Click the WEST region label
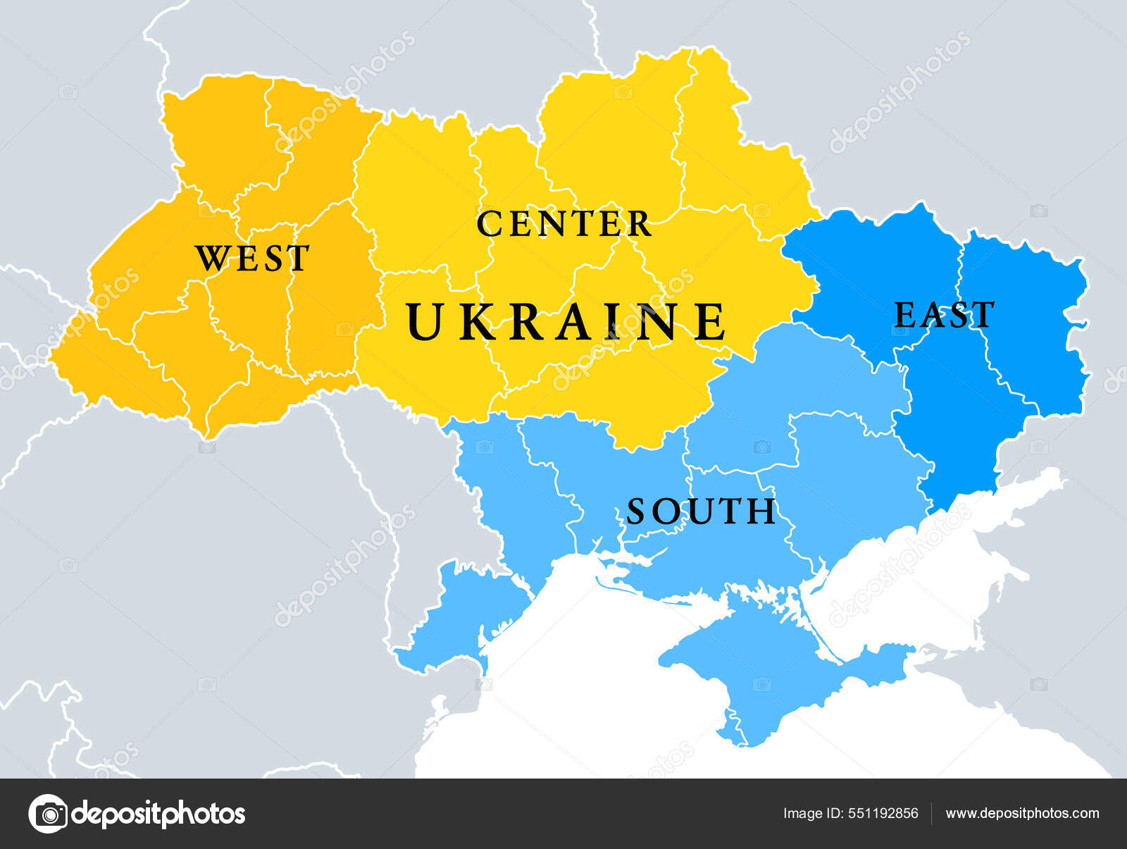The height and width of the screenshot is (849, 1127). [x=252, y=259]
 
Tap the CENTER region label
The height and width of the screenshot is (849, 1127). [x=563, y=224]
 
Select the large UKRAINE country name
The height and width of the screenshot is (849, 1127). [x=566, y=321]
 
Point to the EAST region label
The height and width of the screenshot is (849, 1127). [x=944, y=315]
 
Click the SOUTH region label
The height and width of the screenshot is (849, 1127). [x=701, y=512]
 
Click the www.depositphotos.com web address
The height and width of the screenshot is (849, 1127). [x=1022, y=813]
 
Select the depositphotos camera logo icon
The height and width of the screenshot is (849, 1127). [x=48, y=814]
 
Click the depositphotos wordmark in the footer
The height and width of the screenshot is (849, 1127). [x=158, y=814]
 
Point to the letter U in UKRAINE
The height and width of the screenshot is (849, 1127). [x=423, y=321]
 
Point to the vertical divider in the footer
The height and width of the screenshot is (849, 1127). [x=932, y=813]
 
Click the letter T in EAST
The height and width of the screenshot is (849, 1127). [x=983, y=315]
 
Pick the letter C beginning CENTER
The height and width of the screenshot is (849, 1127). [x=488, y=224]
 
